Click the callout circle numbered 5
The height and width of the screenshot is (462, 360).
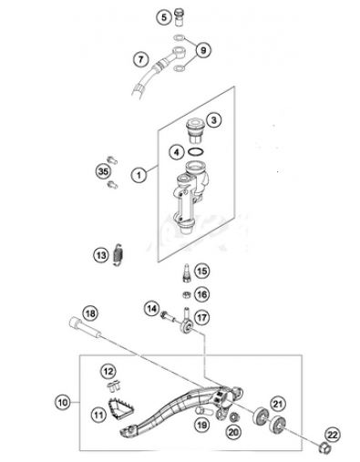pos(163,18)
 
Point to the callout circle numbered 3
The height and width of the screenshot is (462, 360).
pos(211,119)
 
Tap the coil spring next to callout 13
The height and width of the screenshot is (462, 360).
pos(120,259)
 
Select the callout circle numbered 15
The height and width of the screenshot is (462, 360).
pos(201,271)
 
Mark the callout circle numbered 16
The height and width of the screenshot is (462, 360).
pos(201,294)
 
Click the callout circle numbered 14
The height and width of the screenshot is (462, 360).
pos(150,310)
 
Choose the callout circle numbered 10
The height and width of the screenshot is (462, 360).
pos(62,401)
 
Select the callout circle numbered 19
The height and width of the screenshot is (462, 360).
pos(201,424)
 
